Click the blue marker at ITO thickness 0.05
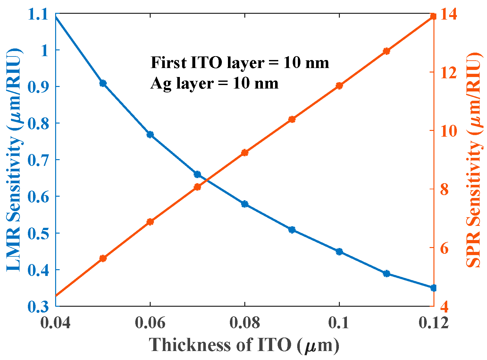[103, 83]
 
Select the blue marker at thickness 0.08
[245, 204]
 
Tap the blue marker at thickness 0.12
[433, 288]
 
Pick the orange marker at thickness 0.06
[150, 222]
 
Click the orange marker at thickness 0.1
[339, 86]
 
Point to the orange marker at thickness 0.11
[386, 51]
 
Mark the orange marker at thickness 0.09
[292, 120]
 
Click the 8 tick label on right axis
[444, 189]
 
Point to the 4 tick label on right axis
[444, 307]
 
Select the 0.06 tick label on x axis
[150, 323]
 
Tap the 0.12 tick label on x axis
[433, 323]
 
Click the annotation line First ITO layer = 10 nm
[240, 63]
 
